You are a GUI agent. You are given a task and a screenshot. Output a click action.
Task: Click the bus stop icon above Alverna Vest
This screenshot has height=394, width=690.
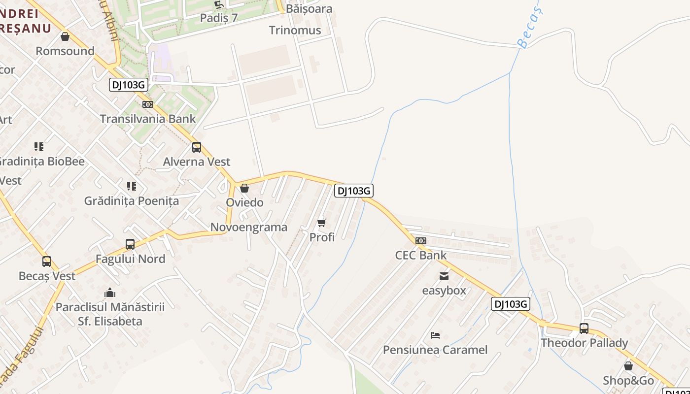tap(197, 147)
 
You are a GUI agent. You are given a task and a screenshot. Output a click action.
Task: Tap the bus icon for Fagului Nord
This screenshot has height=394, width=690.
tap(130, 244)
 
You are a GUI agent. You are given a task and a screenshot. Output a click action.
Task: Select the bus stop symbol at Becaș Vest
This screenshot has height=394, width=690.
tap(47, 262)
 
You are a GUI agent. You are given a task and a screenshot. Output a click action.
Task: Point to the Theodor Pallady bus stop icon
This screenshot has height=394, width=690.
tap(584, 328)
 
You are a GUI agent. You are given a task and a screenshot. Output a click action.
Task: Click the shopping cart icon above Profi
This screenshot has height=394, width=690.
tap(322, 223)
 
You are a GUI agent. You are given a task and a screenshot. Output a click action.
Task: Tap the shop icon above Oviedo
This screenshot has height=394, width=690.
tap(244, 188)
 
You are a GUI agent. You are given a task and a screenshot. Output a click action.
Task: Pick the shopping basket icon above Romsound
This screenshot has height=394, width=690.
tap(65, 36)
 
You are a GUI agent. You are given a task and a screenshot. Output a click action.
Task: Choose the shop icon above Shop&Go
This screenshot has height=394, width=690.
tap(628, 366)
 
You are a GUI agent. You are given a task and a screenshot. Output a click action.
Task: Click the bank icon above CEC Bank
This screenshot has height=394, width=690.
tap(421, 241)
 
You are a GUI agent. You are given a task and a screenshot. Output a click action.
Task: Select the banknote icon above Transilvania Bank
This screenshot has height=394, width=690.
tap(148, 104)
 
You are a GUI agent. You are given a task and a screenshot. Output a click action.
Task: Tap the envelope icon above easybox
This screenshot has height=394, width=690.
tap(444, 276)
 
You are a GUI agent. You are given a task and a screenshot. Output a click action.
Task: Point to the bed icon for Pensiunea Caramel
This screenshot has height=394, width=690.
tap(435, 335)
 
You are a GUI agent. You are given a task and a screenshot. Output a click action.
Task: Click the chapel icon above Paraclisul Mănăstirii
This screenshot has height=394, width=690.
tap(110, 293)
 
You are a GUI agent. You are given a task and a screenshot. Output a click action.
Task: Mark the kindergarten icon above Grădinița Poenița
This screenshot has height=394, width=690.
tap(132, 186)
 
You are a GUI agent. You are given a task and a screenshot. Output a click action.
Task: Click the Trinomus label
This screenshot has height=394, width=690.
tap(295, 31)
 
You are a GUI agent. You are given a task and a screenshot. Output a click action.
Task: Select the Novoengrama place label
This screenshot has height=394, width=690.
tap(249, 228)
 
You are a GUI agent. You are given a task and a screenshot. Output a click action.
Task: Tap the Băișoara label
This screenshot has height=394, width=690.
tap(310, 9)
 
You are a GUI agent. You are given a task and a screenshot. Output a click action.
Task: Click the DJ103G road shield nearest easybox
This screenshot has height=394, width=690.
tap(511, 304)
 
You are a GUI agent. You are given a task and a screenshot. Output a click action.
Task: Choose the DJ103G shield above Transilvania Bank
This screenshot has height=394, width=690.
tap(128, 85)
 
